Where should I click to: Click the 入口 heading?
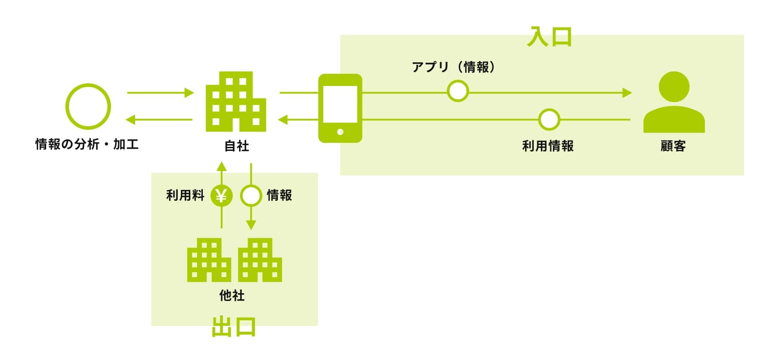click(x=549, y=37)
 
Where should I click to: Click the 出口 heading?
click(x=233, y=327)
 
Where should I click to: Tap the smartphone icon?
click(x=340, y=108)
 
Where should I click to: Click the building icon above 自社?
click(x=236, y=102)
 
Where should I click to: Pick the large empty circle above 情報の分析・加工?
click(x=88, y=107)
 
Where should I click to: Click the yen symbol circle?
click(x=221, y=196)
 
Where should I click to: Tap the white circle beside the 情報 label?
click(x=251, y=196)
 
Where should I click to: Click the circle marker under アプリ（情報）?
click(x=458, y=91)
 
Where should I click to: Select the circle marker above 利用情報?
click(x=549, y=120)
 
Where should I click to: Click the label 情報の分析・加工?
click(x=87, y=144)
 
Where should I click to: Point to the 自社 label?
click(x=236, y=146)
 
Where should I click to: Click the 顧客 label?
click(x=673, y=146)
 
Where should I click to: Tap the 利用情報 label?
click(x=548, y=146)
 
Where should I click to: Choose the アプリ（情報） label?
click(x=454, y=67)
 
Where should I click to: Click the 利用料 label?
click(x=185, y=195)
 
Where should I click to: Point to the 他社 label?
click(x=232, y=296)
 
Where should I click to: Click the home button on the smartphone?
click(x=340, y=132)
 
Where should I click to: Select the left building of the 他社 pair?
click(x=209, y=260)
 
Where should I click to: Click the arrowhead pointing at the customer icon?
click(x=627, y=93)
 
